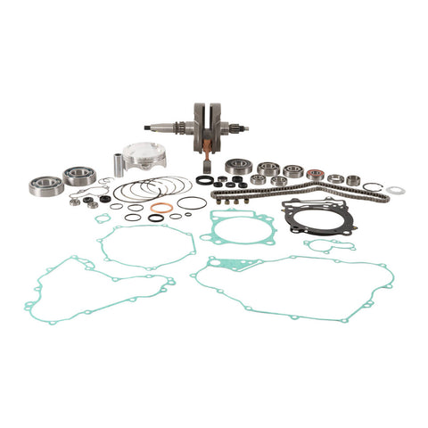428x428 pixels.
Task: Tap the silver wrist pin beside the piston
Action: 116,165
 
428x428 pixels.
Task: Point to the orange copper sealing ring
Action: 161,208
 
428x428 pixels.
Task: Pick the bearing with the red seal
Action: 314,175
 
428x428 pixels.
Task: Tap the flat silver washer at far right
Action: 395,190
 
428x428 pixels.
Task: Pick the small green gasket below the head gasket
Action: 328,244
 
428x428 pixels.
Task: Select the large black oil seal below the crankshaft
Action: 205,179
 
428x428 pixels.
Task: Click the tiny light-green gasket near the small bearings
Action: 103,217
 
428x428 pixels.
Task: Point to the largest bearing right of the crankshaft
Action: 236,166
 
